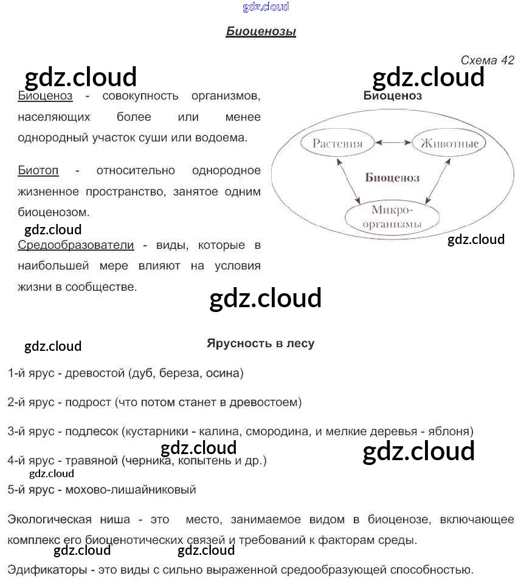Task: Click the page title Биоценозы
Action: pyautogui.click(x=261, y=32)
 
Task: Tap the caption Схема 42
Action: pyautogui.click(x=487, y=60)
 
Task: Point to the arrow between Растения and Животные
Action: pyautogui.click(x=393, y=142)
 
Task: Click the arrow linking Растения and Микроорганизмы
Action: pyautogui.click(x=348, y=181)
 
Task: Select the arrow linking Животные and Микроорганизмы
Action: pyautogui.click(x=438, y=181)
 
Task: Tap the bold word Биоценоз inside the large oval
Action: pyautogui.click(x=392, y=178)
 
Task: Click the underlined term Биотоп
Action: pyautogui.click(x=38, y=171)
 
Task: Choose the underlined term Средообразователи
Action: pyautogui.click(x=76, y=245)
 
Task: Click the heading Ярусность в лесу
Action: pyautogui.click(x=260, y=344)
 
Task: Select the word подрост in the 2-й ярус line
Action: pyautogui.click(x=88, y=402)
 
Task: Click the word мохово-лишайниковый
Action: pyautogui.click(x=131, y=490)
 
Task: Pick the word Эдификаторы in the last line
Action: pyautogui.click(x=47, y=570)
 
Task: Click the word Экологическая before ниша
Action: pyautogui.click(x=50, y=520)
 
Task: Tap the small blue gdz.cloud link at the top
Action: pyautogui.click(x=266, y=7)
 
